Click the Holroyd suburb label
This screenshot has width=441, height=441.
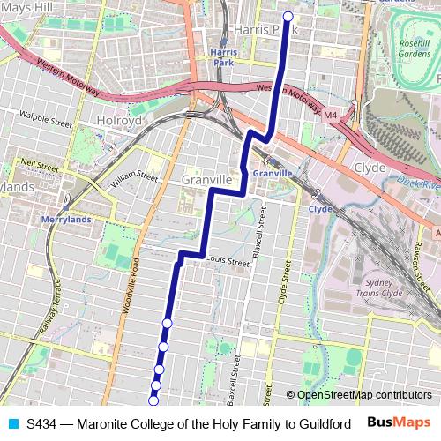pos(119,121)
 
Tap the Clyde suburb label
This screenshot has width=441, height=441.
pos(369,166)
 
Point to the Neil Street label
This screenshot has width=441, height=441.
pos(40,163)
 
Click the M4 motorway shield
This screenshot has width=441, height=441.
pos(331,115)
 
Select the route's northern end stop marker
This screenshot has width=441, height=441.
pos(288,16)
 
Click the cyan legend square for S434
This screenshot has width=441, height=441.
pos(11,424)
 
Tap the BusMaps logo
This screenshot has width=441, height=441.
pos(398,423)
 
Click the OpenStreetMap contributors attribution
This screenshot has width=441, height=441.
pos(363,395)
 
